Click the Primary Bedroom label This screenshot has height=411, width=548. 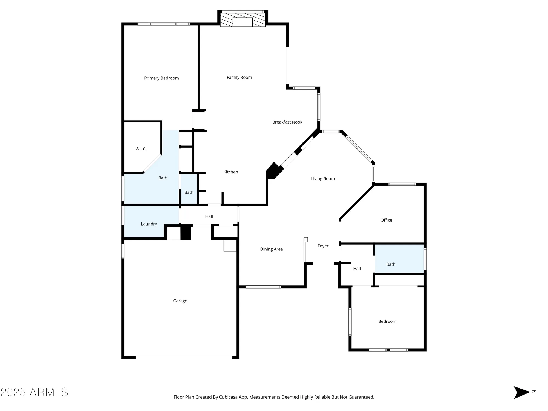pos(161,78)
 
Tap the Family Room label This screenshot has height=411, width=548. pos(239,78)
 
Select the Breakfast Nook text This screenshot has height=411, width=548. pos(287,122)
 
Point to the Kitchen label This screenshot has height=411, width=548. pos(230,172)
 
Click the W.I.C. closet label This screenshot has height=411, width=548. pos(141,149)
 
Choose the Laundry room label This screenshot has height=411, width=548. pos(149,224)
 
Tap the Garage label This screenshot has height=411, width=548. pos(180,301)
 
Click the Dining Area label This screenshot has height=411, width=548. pos(271,249)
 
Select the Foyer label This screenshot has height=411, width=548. pos(323,246)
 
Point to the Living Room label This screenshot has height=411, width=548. pos(323,179)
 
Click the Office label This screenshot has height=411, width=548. pos(386,220)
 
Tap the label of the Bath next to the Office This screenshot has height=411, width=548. pos(391,264)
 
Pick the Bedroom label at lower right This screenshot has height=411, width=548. pos(387,321)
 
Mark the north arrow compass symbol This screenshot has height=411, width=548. pos(521,392)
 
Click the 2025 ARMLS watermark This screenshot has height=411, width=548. pos(34,392)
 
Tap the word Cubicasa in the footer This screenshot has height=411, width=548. pos(230,397)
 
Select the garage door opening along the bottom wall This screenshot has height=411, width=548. pos(184,357)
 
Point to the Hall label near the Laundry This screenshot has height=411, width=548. pos(209,216)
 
